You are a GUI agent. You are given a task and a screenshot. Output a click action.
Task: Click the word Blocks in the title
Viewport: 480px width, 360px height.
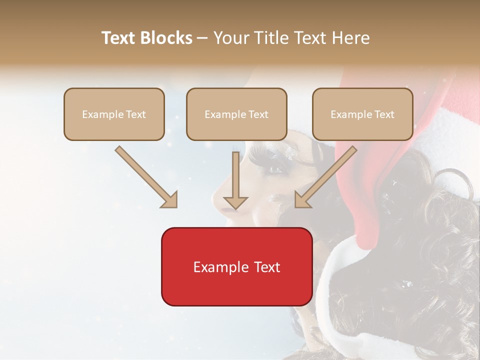166,38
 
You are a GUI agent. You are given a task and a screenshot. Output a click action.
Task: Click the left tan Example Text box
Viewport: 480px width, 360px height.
114,114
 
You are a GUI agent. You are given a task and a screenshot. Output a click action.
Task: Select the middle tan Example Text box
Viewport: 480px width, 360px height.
236,114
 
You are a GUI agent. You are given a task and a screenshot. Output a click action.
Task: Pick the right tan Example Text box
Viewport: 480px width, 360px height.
362,114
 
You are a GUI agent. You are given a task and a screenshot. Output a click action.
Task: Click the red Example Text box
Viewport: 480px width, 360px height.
236,266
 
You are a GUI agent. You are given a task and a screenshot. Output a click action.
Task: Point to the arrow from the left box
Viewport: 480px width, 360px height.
145,176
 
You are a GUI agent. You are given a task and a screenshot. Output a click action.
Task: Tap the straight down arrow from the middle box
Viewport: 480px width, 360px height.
235,180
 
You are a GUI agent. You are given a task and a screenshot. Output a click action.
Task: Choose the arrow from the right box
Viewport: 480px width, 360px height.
326,176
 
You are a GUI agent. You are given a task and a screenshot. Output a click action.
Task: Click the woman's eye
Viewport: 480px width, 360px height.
275,169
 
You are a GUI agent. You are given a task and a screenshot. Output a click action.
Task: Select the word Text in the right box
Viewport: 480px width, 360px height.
384,114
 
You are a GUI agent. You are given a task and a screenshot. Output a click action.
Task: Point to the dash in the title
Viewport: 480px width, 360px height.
202,38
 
